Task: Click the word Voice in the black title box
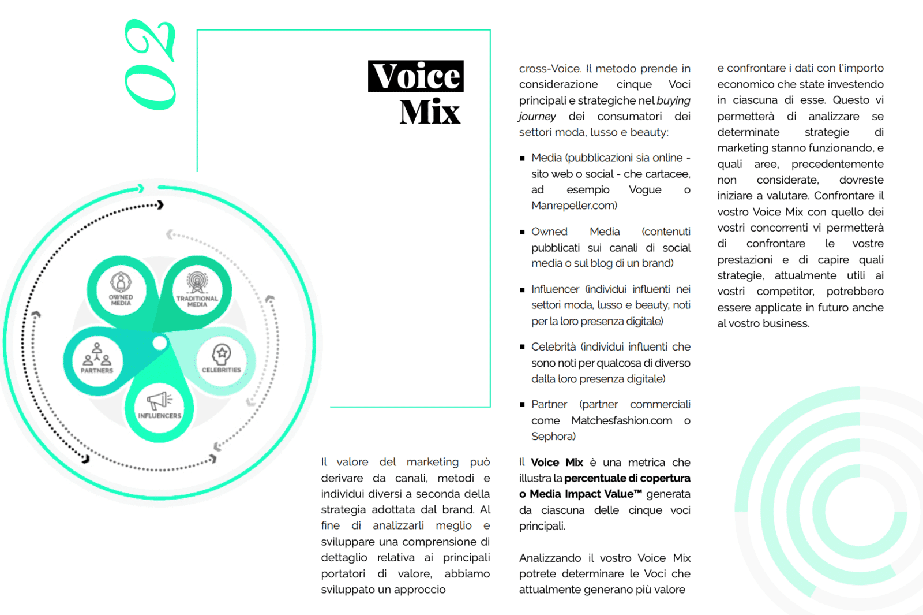[x=416, y=76]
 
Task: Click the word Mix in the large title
[x=430, y=112]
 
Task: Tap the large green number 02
[x=150, y=65]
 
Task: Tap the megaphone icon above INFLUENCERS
[x=159, y=400]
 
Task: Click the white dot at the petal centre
[x=160, y=344]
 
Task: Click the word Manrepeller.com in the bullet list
[x=574, y=206]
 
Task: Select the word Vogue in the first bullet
[x=645, y=190]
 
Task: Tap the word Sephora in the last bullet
[x=553, y=437]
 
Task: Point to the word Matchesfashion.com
[x=622, y=421]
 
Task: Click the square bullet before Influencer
[x=522, y=290]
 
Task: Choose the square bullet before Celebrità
[x=522, y=347]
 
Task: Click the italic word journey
[x=537, y=117]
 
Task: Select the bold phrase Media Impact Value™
[x=586, y=494]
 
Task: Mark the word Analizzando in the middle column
[x=550, y=558]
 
